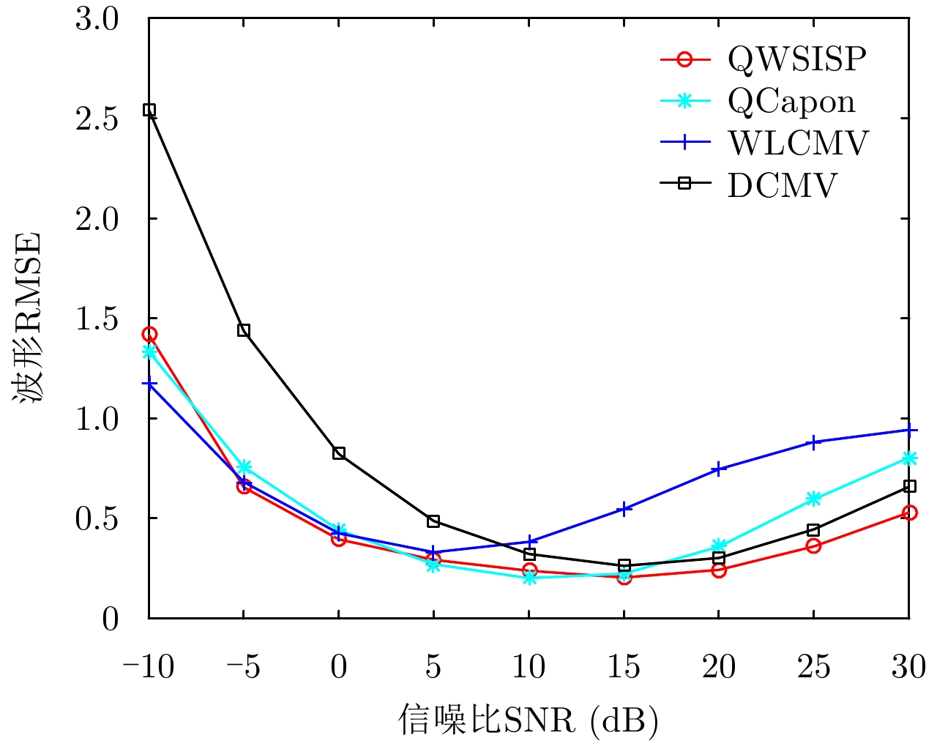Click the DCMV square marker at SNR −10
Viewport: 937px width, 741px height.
click(x=149, y=110)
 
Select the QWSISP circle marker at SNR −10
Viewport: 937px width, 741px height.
click(x=149, y=335)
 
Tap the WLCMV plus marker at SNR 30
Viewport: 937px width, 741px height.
click(x=908, y=430)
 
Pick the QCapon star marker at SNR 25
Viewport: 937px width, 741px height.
click(x=813, y=499)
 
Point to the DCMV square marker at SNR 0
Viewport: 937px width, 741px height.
click(x=339, y=453)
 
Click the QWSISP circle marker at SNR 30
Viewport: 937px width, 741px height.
click(x=908, y=513)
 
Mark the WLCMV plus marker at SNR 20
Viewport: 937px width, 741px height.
click(x=718, y=469)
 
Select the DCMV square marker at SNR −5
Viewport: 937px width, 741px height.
click(x=244, y=330)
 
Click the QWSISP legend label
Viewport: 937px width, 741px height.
click(x=796, y=59)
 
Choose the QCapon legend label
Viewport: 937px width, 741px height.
click(x=791, y=101)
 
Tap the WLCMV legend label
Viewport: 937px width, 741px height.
click(x=797, y=143)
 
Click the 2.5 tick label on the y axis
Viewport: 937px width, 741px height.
click(x=97, y=119)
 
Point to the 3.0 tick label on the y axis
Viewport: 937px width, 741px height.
click(x=97, y=19)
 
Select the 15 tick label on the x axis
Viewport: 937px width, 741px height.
click(x=623, y=667)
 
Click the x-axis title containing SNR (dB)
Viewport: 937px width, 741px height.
click(x=529, y=720)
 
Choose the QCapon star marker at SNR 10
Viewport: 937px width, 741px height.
click(x=529, y=578)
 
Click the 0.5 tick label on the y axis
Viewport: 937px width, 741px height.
click(x=97, y=518)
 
